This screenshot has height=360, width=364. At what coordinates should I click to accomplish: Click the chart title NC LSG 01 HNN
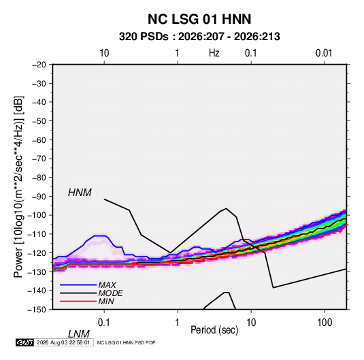tap(199, 19)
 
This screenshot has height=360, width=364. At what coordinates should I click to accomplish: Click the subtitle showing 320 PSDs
tap(199, 37)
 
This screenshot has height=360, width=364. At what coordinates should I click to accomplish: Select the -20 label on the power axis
tap(39, 65)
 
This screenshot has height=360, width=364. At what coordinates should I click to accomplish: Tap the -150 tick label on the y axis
tap(37, 310)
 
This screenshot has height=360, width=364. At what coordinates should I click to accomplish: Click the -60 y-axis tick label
tap(39, 140)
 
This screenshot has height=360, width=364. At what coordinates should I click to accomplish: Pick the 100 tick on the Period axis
tap(325, 323)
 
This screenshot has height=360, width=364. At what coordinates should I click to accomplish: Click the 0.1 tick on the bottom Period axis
tap(104, 323)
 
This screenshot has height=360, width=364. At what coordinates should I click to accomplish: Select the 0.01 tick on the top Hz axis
tap(324, 53)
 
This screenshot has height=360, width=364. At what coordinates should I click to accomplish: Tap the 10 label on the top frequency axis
tap(104, 53)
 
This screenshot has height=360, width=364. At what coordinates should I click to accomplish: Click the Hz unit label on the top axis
tap(214, 53)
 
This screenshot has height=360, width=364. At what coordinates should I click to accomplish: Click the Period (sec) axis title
tap(214, 330)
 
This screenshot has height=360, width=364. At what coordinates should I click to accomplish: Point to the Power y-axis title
tap(18, 187)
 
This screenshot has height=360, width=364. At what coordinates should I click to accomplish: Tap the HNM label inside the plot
tap(80, 193)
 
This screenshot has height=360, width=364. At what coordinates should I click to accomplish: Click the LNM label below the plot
tap(78, 334)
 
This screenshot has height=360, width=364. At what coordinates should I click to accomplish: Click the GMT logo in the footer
tap(25, 342)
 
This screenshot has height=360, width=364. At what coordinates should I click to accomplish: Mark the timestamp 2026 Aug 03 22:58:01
tap(63, 342)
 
